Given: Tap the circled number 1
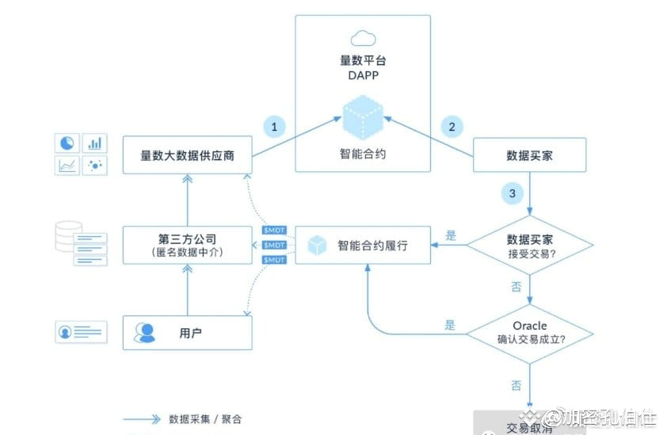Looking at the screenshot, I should pos(274,126).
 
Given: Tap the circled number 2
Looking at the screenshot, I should pos(452,126).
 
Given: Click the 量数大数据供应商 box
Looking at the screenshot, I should pos(187,155).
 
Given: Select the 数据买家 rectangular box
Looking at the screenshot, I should pos(529,155).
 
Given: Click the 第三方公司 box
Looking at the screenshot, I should pos(187,244).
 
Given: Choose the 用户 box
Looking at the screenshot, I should pos(187,333).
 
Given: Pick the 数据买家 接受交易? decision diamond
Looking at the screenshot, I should pos(529,245).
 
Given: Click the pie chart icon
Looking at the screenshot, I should pos(67,143).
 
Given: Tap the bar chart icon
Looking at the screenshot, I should pos(95,143).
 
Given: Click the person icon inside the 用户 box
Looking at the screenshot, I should pos(144,333).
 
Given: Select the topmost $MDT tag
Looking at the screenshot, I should pos(274,231).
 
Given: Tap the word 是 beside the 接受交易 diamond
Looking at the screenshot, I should pos(452,235).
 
